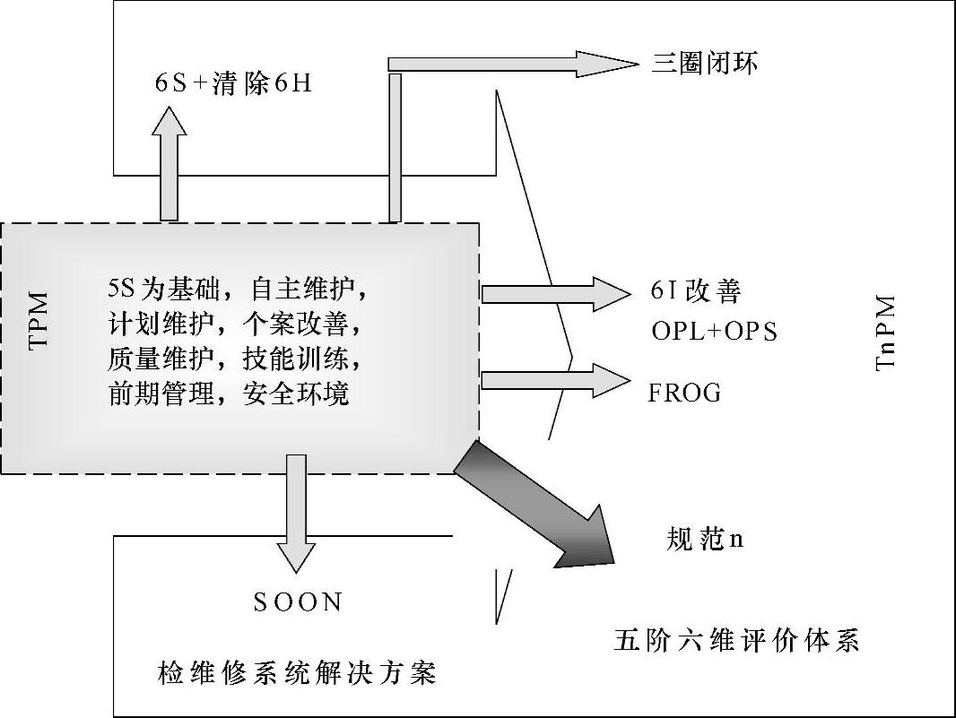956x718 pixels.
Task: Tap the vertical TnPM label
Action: [x=885, y=333]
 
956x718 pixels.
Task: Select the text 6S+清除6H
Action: [x=233, y=83]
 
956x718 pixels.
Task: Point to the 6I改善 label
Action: [x=696, y=291]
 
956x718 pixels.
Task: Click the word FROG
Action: [x=684, y=393]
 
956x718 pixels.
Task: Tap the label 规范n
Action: [x=706, y=539]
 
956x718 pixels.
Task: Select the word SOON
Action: [x=298, y=601]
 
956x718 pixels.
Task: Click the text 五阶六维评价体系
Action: [x=736, y=641]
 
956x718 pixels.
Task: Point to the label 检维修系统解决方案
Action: [x=297, y=671]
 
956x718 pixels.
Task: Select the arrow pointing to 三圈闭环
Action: [x=502, y=65]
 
